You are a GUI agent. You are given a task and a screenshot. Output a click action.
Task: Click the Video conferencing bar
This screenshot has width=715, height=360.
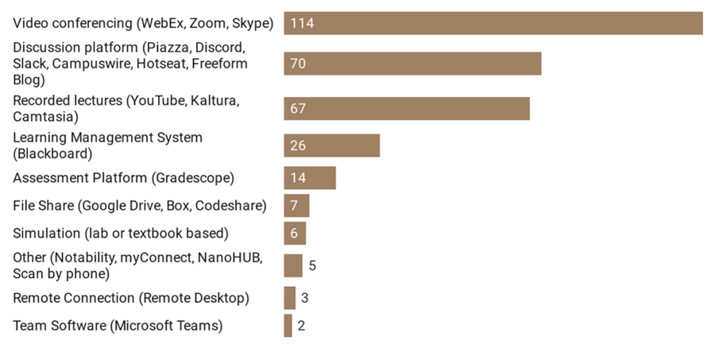click(493, 23)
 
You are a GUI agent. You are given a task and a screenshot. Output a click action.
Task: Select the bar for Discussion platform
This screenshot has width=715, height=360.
click(412, 64)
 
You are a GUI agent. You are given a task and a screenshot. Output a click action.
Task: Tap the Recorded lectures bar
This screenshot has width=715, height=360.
click(406, 109)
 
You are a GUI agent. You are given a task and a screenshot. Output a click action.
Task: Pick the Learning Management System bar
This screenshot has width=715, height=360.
click(331, 145)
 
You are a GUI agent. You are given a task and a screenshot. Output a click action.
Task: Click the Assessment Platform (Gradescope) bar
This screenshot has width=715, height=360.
click(310, 178)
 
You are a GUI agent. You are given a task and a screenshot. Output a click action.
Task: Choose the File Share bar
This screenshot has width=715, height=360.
click(296, 206)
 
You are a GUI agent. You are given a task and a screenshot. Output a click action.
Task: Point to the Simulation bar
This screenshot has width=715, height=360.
click(295, 234)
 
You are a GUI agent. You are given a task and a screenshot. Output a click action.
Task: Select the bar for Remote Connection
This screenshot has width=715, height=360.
click(289, 298)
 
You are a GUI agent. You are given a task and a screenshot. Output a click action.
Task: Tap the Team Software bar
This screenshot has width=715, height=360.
click(288, 326)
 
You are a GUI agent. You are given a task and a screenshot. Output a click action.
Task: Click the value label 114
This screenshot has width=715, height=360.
click(302, 23)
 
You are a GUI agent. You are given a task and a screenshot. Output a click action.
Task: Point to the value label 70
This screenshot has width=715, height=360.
click(298, 64)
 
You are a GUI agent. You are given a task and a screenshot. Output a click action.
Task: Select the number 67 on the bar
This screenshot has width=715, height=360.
click(298, 109)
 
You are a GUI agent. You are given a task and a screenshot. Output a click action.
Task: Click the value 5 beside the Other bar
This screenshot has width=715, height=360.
click(312, 265)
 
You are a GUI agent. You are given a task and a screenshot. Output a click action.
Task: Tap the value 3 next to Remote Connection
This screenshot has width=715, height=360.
click(304, 298)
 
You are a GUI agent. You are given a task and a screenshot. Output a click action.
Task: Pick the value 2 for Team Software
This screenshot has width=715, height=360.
click(301, 326)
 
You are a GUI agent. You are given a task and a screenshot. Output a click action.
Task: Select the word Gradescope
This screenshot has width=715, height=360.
click(191, 178)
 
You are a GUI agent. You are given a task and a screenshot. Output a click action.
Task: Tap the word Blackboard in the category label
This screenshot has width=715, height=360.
click(54, 153)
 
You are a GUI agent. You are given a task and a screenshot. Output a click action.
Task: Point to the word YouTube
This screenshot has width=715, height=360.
click(158, 101)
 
